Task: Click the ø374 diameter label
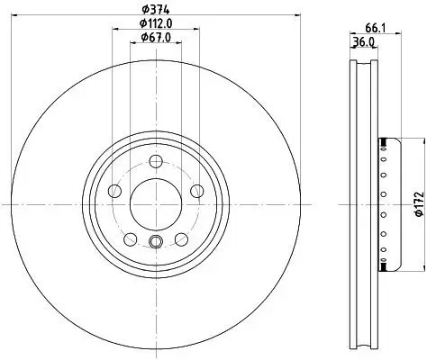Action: click(x=156, y=10)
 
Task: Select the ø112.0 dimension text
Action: click(x=156, y=23)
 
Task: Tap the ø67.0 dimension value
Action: click(x=156, y=38)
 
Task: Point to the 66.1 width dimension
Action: click(x=376, y=28)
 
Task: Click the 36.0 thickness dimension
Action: click(x=364, y=41)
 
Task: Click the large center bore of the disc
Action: click(x=156, y=204)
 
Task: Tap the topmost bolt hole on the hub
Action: click(x=156, y=161)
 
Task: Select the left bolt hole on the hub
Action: click(x=114, y=191)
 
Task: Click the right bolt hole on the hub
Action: click(x=197, y=191)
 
